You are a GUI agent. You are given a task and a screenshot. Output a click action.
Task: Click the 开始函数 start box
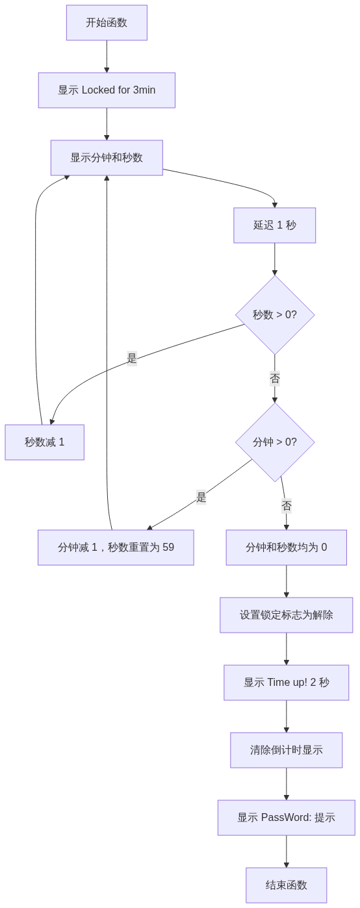[x=107, y=23]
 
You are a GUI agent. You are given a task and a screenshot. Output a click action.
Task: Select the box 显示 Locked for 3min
[x=107, y=90]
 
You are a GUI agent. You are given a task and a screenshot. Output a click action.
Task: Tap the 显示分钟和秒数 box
[x=107, y=158]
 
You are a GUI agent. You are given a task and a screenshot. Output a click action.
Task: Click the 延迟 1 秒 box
[x=275, y=225]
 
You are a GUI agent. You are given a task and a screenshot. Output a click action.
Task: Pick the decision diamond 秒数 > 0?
[x=275, y=315]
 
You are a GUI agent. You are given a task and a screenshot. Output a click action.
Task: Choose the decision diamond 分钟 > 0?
[x=275, y=442]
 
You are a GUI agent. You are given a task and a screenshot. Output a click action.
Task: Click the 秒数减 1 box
[x=44, y=442]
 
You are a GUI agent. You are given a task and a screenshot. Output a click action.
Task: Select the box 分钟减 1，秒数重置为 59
[x=116, y=548]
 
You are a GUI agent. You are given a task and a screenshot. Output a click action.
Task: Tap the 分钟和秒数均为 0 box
[x=286, y=548]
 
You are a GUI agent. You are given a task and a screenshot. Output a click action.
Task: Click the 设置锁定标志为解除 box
[x=286, y=615]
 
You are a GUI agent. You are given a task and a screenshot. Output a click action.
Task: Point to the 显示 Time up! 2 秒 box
[x=286, y=683]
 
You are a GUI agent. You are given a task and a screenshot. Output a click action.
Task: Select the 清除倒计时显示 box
[x=286, y=750]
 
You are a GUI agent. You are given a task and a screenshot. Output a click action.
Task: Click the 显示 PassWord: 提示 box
[x=286, y=818]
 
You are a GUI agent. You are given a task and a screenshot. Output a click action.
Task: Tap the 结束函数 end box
[x=286, y=885]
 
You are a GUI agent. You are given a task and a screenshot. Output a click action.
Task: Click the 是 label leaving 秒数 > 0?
[x=132, y=359]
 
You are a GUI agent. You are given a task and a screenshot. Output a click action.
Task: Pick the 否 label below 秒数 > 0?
[x=275, y=379]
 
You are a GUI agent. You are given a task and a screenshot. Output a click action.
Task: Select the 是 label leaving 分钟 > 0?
[x=201, y=498]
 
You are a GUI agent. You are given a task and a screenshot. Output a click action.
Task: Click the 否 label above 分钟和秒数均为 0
[x=286, y=505]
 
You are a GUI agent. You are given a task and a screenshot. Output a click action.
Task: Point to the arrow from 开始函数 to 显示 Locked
[x=107, y=57]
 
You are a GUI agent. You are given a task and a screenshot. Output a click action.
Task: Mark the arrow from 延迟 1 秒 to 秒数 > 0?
[x=275, y=259]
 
